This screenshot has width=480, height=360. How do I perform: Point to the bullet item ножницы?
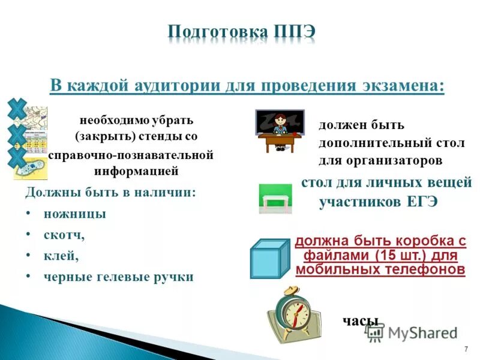(74, 214)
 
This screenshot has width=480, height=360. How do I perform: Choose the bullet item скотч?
(64, 235)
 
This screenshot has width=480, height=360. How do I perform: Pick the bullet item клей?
(61, 256)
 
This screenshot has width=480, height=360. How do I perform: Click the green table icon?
(275, 199)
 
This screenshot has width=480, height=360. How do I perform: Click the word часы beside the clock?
(361, 320)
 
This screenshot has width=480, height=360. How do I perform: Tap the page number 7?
(466, 349)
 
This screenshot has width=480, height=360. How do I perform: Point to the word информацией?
(136, 171)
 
